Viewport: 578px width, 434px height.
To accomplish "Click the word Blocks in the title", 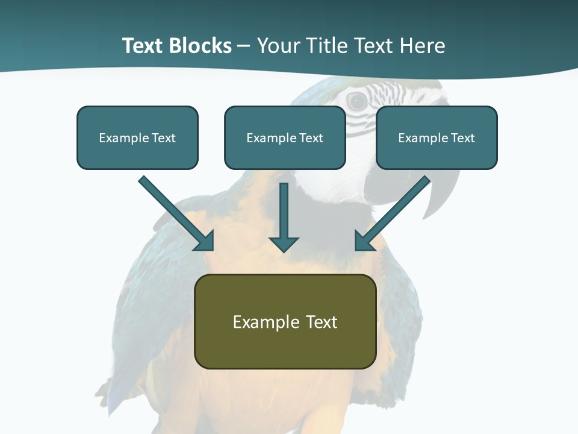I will point(200,46).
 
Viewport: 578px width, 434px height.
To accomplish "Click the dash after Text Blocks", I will point(244,46).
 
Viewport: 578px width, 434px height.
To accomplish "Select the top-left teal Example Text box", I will point(137,137).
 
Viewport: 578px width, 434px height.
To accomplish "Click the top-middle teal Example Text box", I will point(285,137).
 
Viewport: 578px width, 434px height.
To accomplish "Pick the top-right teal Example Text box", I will point(437,137).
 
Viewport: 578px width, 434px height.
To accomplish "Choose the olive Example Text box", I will point(285,321).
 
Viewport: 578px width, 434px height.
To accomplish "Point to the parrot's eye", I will point(358,101).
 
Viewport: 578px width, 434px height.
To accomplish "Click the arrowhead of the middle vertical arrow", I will point(284,244).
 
